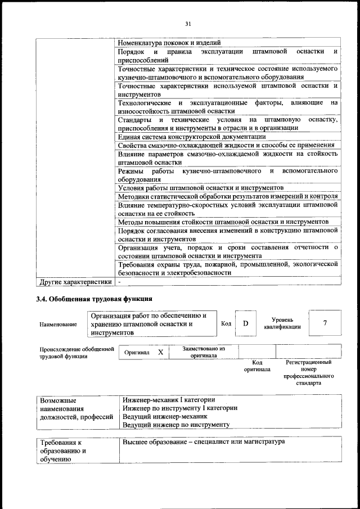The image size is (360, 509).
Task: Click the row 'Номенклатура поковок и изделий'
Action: click(x=169, y=43)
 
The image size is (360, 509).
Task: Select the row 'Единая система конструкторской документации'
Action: click(x=192, y=136)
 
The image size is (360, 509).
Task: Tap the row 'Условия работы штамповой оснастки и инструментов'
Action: click(x=201, y=187)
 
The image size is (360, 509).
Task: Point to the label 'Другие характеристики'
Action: click(x=74, y=281)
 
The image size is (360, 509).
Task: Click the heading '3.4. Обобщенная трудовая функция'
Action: click(x=94, y=299)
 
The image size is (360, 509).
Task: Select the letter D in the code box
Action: click(x=245, y=323)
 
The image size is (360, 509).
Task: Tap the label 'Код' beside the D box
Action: click(x=226, y=323)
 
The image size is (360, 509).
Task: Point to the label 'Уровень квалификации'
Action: click(x=282, y=323)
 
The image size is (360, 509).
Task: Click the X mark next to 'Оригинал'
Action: click(x=160, y=352)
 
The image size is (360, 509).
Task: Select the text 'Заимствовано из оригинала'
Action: click(x=204, y=352)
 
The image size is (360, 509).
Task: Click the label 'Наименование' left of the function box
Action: click(x=58, y=325)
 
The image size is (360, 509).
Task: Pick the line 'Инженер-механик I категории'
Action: click(x=169, y=399)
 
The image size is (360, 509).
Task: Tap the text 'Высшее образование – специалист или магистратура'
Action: click(x=204, y=442)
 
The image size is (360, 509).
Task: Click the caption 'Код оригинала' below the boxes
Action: click(x=257, y=366)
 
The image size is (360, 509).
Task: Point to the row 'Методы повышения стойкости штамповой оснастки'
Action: click(x=223, y=222)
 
